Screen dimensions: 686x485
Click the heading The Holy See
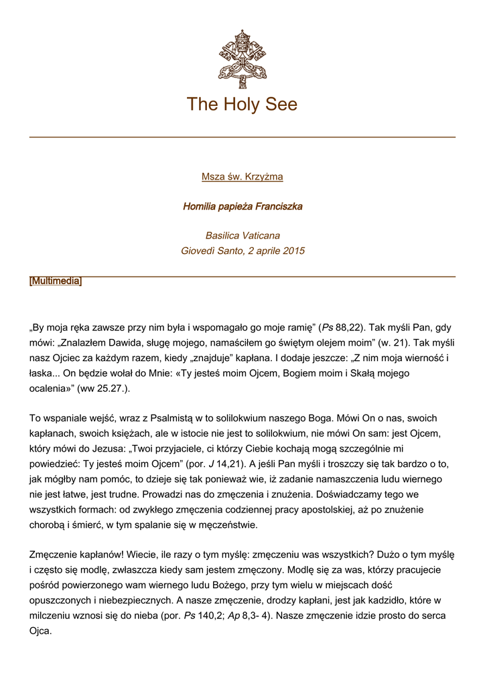click(x=242, y=105)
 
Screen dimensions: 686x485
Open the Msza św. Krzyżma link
click(x=242, y=177)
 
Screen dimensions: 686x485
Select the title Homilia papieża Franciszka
click(x=242, y=206)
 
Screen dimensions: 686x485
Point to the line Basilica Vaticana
click(x=242, y=236)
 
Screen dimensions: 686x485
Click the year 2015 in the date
click(x=293, y=251)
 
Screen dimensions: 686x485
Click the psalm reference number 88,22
click(x=348, y=328)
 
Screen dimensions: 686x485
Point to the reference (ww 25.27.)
click(x=103, y=389)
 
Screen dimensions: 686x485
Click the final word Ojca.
click(x=40, y=630)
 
